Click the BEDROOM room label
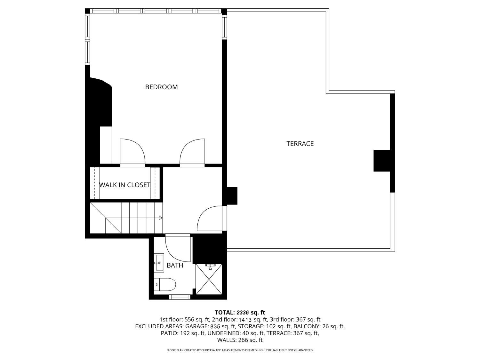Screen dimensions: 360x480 [x=161, y=87]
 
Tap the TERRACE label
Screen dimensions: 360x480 [x=300, y=144]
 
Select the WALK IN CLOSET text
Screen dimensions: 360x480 [x=124, y=185]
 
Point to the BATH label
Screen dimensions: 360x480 [x=175, y=265]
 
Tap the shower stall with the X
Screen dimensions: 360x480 [x=209, y=279]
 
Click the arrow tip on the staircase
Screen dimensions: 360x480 [x=161, y=218]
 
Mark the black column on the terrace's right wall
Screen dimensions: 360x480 [x=382, y=161]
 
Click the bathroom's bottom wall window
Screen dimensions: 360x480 [x=180, y=297]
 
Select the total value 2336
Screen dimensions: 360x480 [x=243, y=313]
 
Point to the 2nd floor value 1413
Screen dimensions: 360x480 [x=245, y=320]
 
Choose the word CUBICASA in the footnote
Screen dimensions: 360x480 [x=208, y=350]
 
